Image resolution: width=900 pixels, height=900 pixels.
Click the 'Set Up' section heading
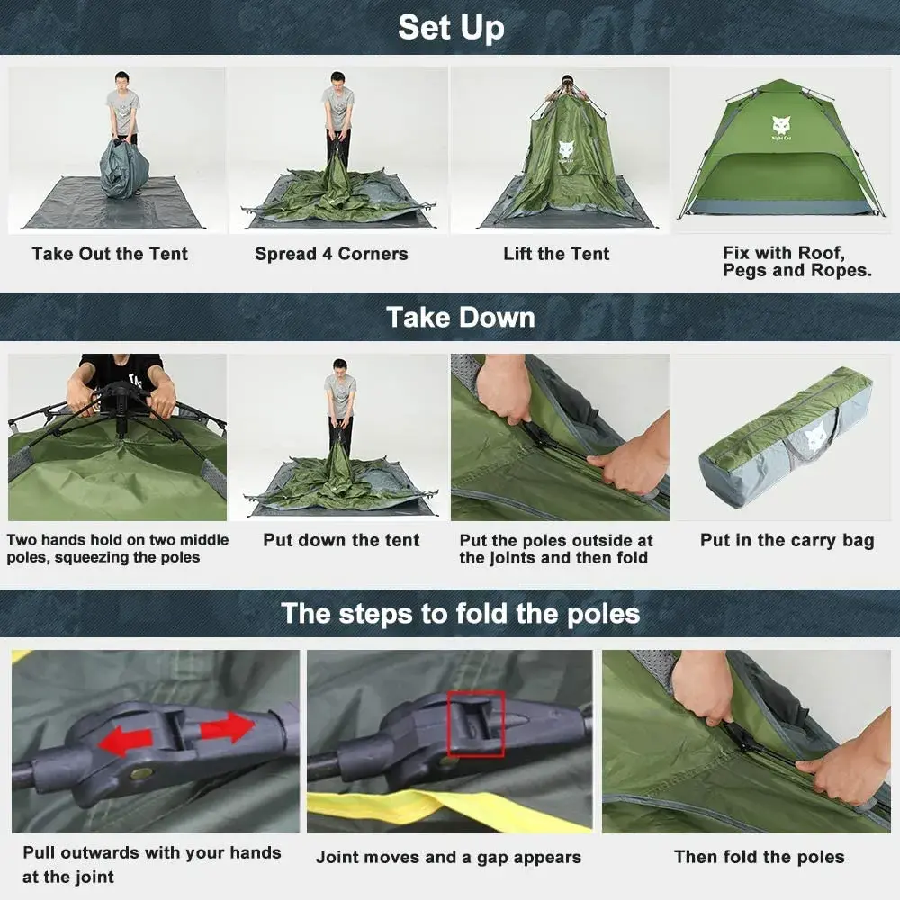(450, 27)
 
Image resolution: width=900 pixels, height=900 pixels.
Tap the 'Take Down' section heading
(460, 317)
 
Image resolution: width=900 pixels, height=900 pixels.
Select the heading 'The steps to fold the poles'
(460, 614)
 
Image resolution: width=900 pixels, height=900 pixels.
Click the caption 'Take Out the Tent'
(110, 254)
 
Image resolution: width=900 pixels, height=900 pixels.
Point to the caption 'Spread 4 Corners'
(331, 254)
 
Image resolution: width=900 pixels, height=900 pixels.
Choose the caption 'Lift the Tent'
(556, 254)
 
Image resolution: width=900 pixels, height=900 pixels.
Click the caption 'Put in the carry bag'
(787, 540)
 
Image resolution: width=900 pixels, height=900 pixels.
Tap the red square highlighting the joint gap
(476, 723)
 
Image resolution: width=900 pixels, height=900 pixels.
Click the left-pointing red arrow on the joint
(125, 741)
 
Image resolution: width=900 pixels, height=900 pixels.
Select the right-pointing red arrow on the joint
(227, 726)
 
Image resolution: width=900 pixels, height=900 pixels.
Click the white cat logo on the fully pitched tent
(779, 125)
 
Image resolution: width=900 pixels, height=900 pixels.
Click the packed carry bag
(785, 436)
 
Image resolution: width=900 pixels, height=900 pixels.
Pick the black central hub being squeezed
(121, 395)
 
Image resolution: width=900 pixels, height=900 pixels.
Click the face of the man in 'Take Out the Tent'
(123, 81)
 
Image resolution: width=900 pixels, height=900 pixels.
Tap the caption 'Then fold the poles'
(759, 857)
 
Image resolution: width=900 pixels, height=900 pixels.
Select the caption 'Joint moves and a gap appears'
(448, 857)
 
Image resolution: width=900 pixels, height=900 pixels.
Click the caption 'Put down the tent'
(341, 540)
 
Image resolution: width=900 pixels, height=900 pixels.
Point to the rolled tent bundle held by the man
(123, 168)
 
